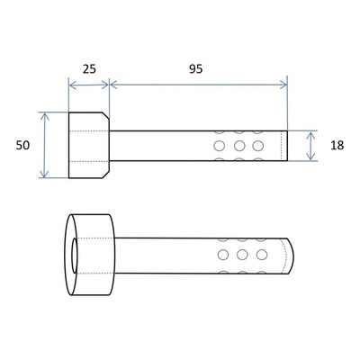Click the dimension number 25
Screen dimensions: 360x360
pyautogui.click(x=89, y=69)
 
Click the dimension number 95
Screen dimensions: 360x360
pyautogui.click(x=195, y=69)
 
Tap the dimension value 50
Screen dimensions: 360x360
pyautogui.click(x=22, y=146)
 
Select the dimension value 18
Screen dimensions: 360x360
pyautogui.click(x=337, y=146)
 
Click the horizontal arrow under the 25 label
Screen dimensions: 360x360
pyautogui.click(x=89, y=85)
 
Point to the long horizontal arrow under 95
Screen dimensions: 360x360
pyautogui.click(x=199, y=85)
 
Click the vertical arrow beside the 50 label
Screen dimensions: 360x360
pyautogui.click(x=44, y=146)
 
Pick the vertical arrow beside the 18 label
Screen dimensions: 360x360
pyautogui.click(x=311, y=146)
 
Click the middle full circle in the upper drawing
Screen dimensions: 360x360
pyautogui.click(x=239, y=146)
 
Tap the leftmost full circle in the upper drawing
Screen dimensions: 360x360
pyautogui.click(x=220, y=146)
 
